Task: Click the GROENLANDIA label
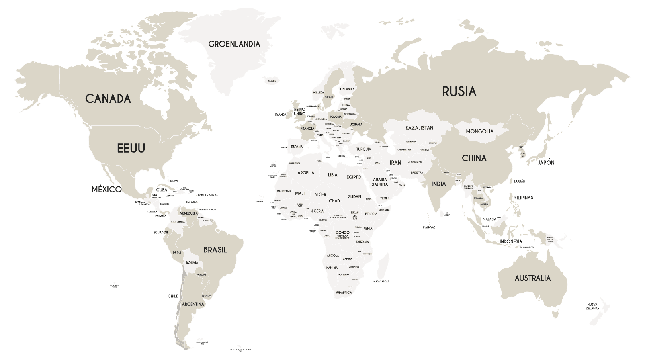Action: [234, 44]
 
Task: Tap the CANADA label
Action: [108, 98]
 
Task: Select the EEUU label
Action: [131, 149]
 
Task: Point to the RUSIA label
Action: [459, 92]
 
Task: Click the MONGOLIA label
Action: [479, 131]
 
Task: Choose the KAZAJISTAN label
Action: [419, 128]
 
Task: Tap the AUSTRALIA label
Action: [533, 278]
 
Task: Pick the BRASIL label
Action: [215, 250]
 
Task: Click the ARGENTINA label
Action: [193, 304]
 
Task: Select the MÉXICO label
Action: [106, 189]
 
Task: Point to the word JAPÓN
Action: [546, 163]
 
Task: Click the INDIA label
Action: [439, 184]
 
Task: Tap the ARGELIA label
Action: [306, 173]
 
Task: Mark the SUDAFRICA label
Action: [343, 293]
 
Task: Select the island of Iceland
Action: [272, 81]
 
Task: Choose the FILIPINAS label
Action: [524, 198]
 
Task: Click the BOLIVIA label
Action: [192, 263]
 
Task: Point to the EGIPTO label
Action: [354, 177]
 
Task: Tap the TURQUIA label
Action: [364, 149]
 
